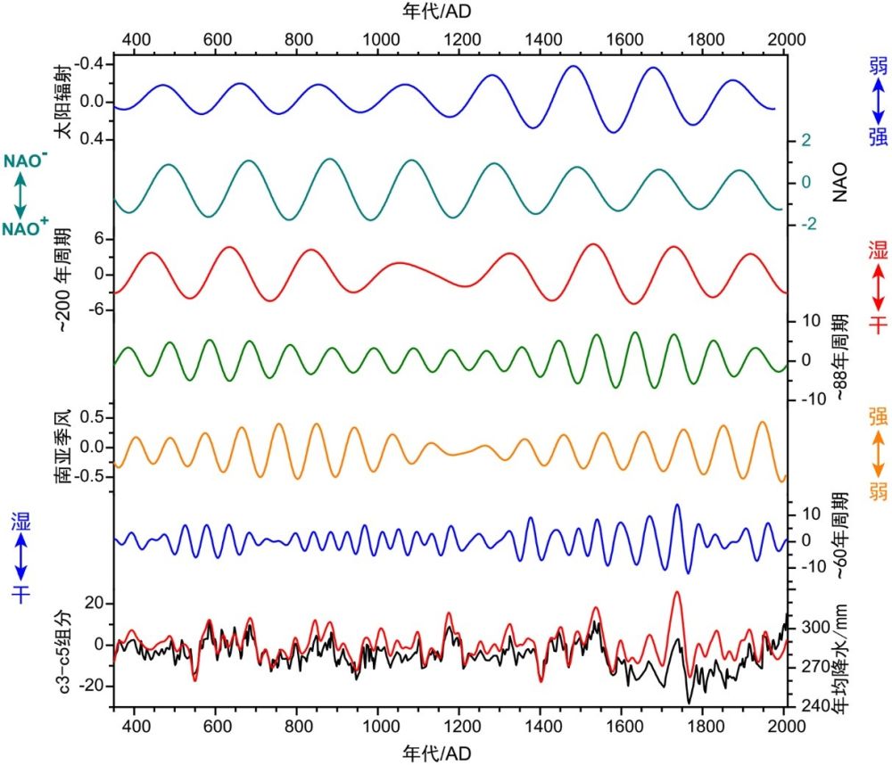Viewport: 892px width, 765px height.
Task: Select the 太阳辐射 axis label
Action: click(62, 103)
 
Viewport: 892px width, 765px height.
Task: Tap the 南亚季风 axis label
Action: click(62, 447)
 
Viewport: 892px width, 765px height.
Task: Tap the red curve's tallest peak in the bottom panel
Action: click(676, 592)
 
